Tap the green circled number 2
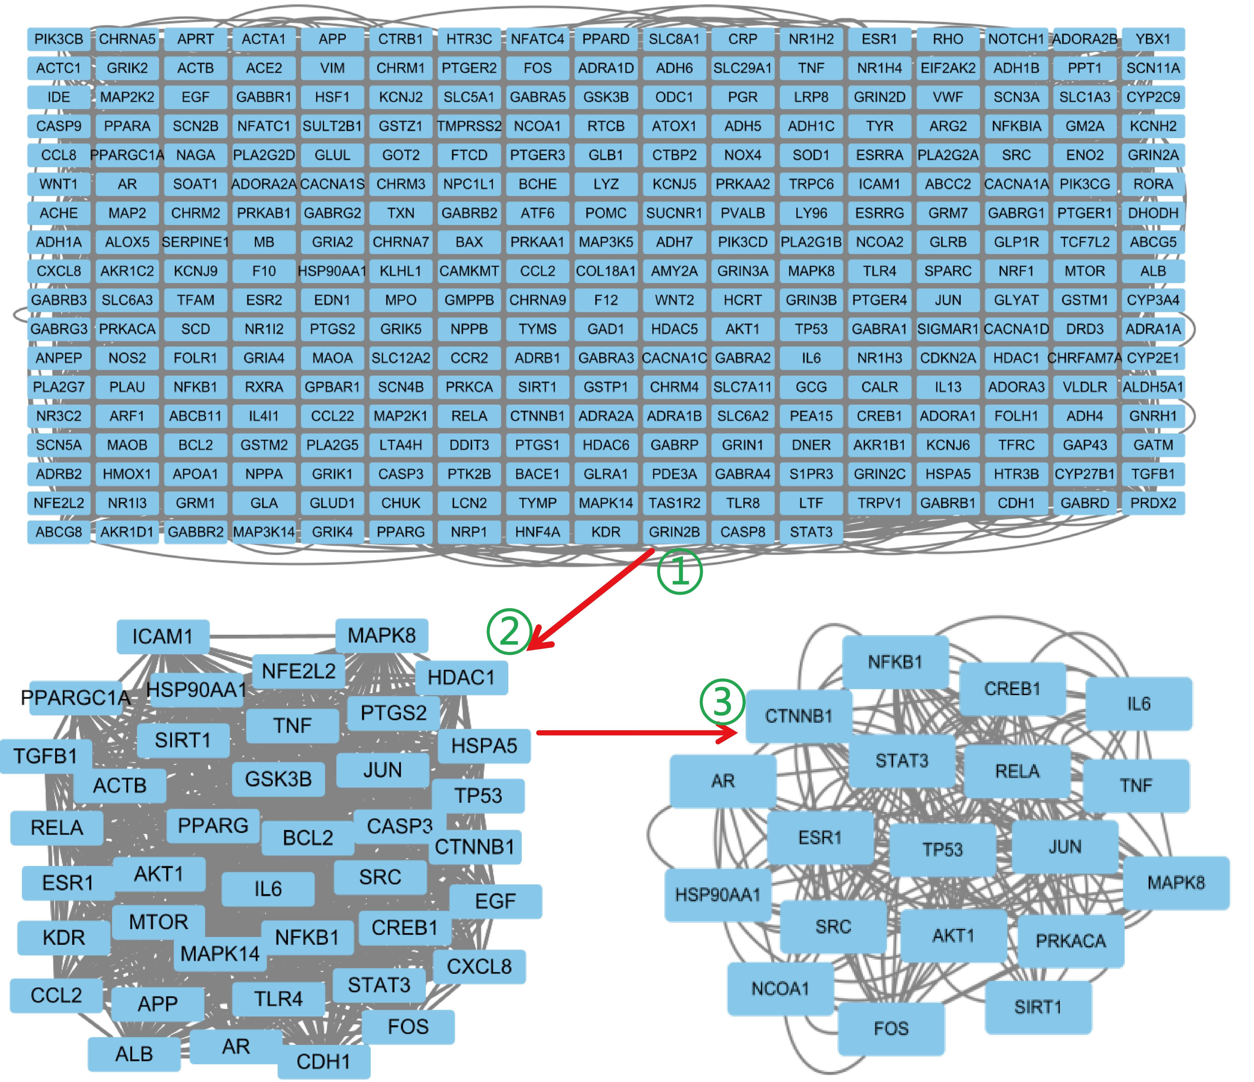tap(510, 631)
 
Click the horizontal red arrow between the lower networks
tap(637, 733)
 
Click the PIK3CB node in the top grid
tap(59, 39)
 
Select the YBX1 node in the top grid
tap(1153, 39)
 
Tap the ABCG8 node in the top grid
tap(59, 532)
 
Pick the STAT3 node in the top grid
tap(811, 532)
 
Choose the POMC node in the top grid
tap(606, 213)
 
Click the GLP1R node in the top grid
tap(1016, 242)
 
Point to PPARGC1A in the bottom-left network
tap(76, 698)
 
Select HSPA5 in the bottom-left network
tap(484, 746)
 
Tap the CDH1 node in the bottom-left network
tap(324, 1061)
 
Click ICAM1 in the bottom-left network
tap(163, 637)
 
